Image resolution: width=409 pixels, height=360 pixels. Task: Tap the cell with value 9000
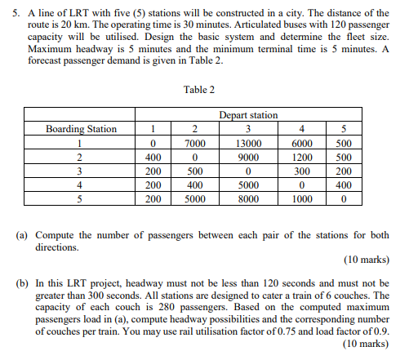coord(248,157)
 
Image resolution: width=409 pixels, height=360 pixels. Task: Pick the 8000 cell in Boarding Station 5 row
coord(248,198)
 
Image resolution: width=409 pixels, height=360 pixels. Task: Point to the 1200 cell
coord(302,157)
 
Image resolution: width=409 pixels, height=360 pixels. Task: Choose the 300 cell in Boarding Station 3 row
coord(302,171)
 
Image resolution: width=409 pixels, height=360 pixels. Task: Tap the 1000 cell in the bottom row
coord(302,198)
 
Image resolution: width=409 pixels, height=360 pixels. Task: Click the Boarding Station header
coord(81,129)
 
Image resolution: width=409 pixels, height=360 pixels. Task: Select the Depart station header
coord(248,116)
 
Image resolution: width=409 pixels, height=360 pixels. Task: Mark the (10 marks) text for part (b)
coord(366,344)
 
